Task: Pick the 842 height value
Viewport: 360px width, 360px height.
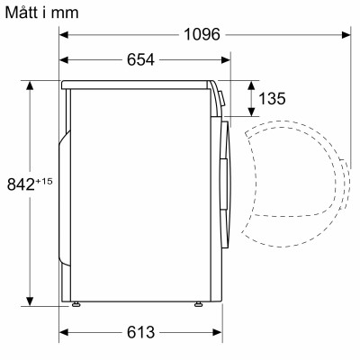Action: (19, 183)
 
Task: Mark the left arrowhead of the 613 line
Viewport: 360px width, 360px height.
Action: (65, 331)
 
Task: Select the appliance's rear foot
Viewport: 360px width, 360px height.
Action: (76, 304)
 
